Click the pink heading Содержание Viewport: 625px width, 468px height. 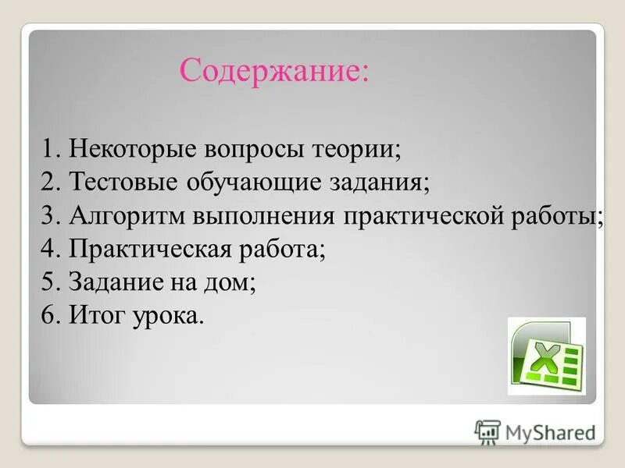(273, 72)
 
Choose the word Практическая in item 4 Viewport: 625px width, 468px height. (148, 250)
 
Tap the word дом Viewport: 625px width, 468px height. (232, 283)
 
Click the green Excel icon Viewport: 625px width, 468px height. (546, 355)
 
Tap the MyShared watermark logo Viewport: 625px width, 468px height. (535, 431)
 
